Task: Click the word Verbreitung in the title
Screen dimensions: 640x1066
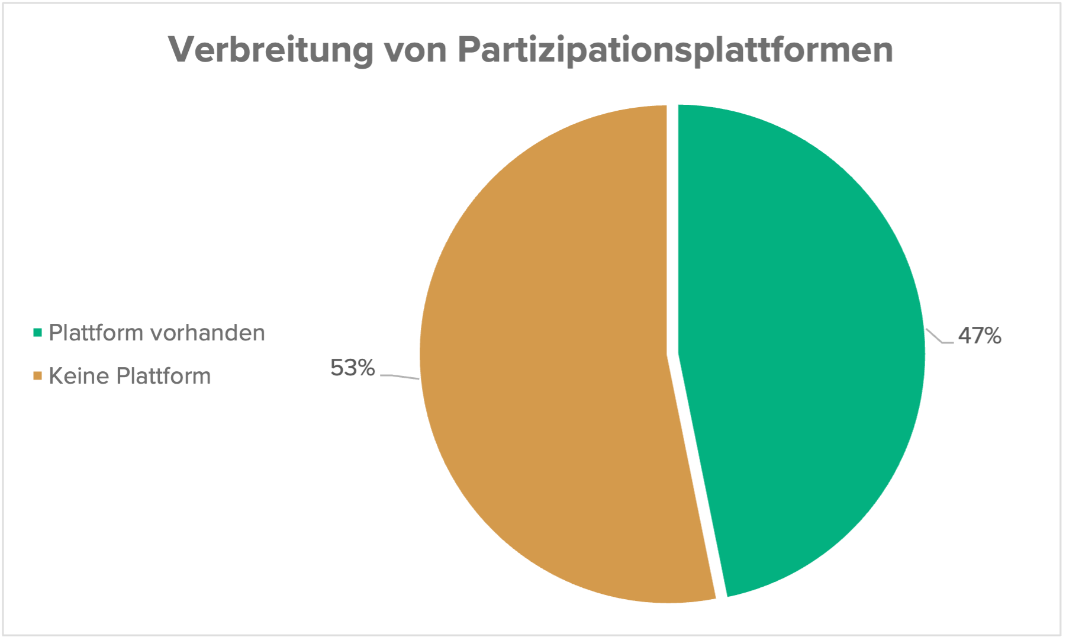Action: click(271, 50)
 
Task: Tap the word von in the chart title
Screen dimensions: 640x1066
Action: click(415, 50)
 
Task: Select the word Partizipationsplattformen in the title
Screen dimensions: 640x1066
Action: click(675, 50)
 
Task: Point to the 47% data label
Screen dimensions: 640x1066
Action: click(980, 336)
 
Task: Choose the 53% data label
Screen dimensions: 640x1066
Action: click(353, 368)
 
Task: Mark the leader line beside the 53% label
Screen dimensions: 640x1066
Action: click(400, 376)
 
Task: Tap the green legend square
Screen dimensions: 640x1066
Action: click(38, 333)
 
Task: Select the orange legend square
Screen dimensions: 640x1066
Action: click(38, 376)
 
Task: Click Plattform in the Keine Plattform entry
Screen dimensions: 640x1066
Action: click(163, 376)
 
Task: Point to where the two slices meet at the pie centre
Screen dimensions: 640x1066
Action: click(672, 354)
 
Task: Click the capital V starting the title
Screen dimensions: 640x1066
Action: click(181, 50)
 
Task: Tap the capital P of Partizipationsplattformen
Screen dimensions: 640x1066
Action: click(468, 50)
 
